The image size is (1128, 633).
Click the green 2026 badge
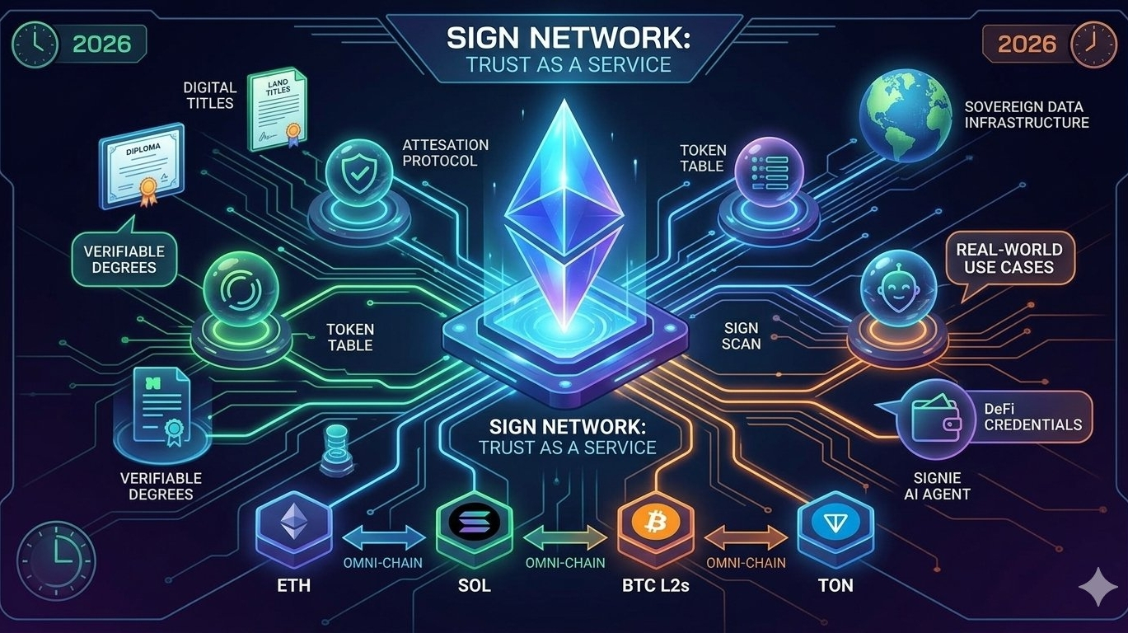point(102,42)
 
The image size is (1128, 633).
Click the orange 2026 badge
point(1027,42)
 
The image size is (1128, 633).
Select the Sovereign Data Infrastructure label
point(1026,115)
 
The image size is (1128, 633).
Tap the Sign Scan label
point(741,335)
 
